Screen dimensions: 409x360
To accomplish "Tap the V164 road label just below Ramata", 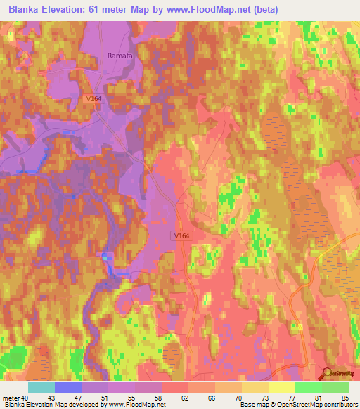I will tap(95, 99).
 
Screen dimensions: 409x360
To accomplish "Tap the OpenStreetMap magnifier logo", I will tap(327, 374).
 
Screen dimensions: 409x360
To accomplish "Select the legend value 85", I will tap(344, 397).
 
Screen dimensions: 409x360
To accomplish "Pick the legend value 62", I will tap(184, 397).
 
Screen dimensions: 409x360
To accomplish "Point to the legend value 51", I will tap(104, 397).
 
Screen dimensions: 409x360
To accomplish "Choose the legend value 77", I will tap(290, 397).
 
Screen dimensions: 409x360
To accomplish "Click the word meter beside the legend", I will tap(10, 397).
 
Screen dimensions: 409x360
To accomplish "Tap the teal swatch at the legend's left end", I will tap(41, 387).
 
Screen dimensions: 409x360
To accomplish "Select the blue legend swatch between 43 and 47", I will tap(67, 387).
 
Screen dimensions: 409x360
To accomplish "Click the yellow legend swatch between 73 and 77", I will tap(281, 387).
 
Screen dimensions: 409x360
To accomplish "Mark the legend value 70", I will tap(237, 397).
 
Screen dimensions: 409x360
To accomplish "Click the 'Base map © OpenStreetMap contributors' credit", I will tap(297, 405).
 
